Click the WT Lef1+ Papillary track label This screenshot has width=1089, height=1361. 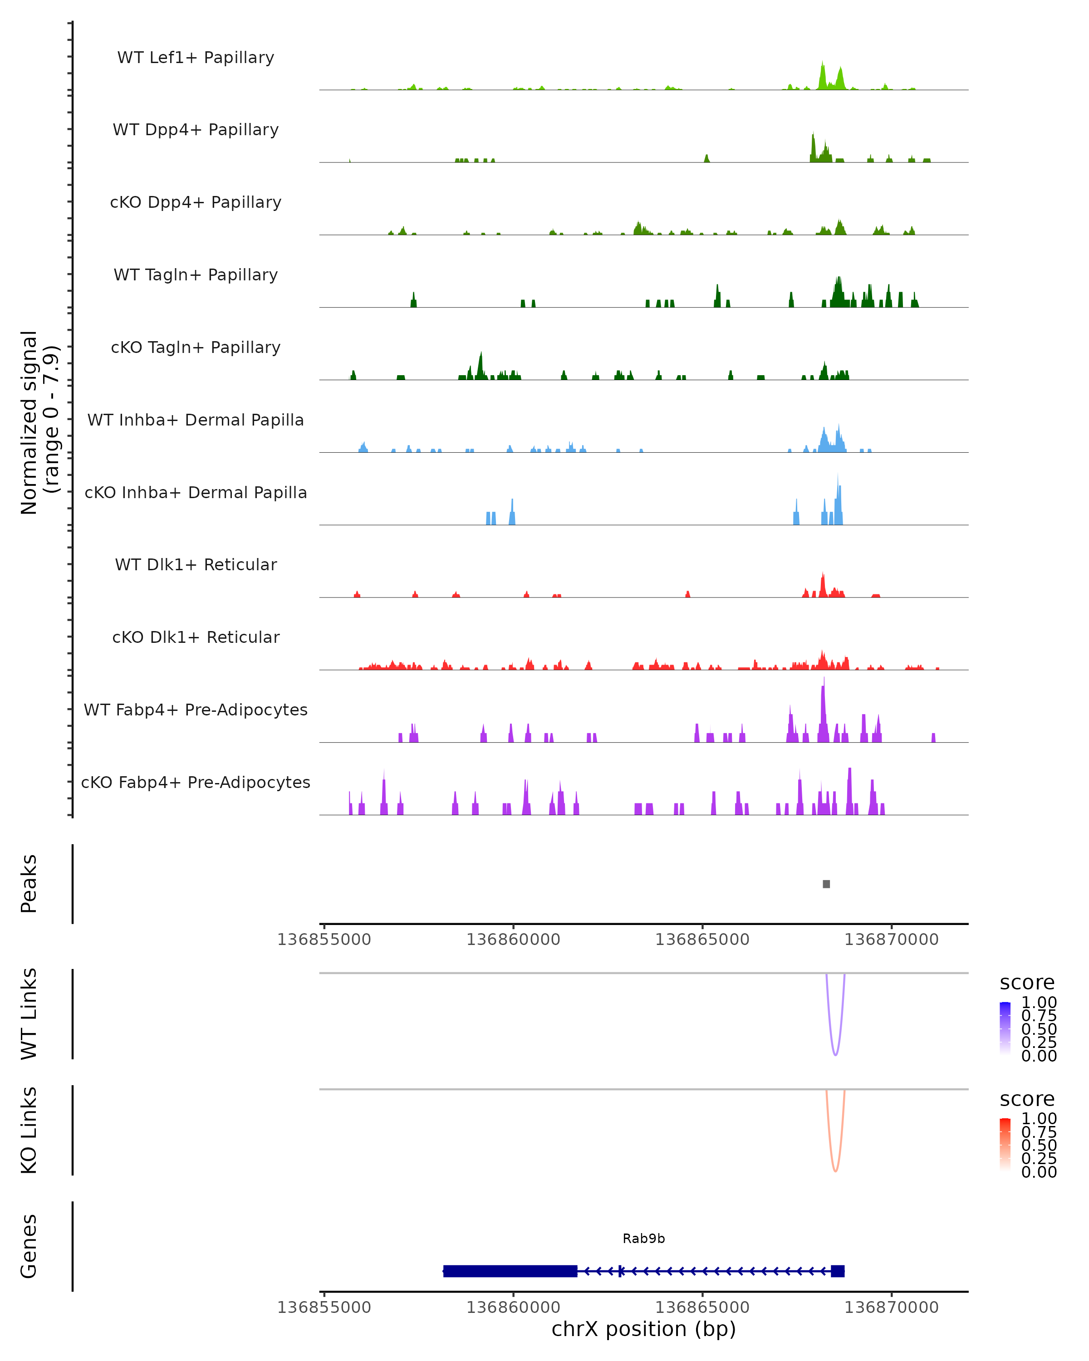click(x=196, y=58)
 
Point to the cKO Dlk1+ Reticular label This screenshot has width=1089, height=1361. click(x=196, y=637)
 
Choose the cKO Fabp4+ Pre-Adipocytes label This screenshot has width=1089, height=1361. click(x=196, y=782)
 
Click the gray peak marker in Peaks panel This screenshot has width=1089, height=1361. click(x=826, y=884)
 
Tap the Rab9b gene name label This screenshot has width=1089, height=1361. click(x=644, y=1239)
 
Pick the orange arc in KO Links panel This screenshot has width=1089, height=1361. click(x=835, y=1170)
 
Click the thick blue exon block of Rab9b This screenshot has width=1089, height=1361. click(x=510, y=1271)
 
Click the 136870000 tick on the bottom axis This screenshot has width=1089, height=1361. click(x=892, y=1307)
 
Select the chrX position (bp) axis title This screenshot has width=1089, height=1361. click(x=644, y=1329)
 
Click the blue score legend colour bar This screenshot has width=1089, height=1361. click(x=1005, y=1028)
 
